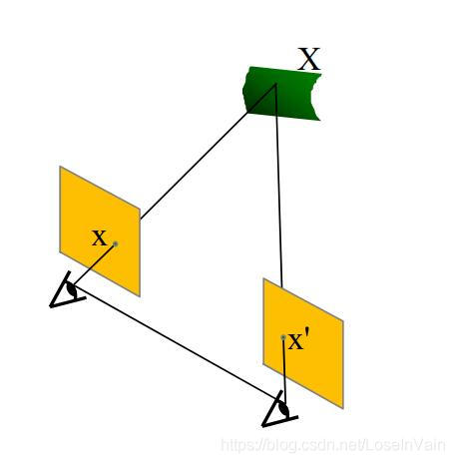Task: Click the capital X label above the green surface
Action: (308, 59)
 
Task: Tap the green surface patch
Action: (282, 94)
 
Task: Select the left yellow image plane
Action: (100, 231)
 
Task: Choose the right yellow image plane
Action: (303, 343)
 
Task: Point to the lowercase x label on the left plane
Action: (99, 238)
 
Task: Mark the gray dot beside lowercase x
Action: (116, 243)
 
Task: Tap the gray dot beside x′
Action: (283, 337)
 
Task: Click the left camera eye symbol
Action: (67, 290)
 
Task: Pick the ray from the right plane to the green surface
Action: (279, 186)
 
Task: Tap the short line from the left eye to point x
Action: (94, 265)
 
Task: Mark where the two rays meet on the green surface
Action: (275, 84)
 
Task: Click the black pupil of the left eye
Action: (71, 289)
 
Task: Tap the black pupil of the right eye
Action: (283, 408)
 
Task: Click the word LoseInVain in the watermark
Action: (406, 445)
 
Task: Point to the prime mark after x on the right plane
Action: (308, 333)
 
